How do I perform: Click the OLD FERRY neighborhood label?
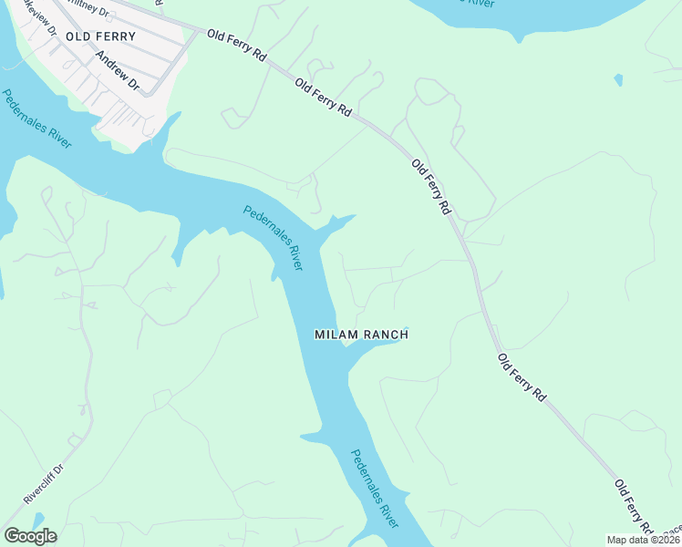pyautogui.click(x=107, y=37)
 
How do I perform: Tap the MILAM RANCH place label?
pyautogui.click(x=361, y=335)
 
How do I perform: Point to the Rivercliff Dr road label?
pyautogui.click(x=45, y=484)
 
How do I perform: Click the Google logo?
pyautogui.click(x=30, y=536)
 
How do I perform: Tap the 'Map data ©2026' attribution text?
pyautogui.click(x=644, y=540)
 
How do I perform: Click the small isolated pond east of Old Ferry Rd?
pyautogui.click(x=619, y=80)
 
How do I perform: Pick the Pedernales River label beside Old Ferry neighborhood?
pyautogui.click(x=36, y=119)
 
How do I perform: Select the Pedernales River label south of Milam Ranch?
pyautogui.click(x=375, y=489)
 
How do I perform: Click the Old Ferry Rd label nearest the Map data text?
pyautogui.click(x=634, y=507)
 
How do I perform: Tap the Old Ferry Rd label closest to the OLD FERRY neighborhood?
pyautogui.click(x=236, y=46)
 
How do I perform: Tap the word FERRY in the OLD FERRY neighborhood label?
pyautogui.click(x=118, y=37)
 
